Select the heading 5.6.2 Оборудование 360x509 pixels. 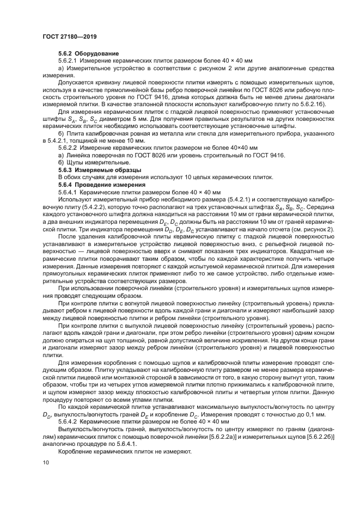coord(81,53)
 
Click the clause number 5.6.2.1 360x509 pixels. coord(68,60)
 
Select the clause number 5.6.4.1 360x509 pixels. coord(68,193)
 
